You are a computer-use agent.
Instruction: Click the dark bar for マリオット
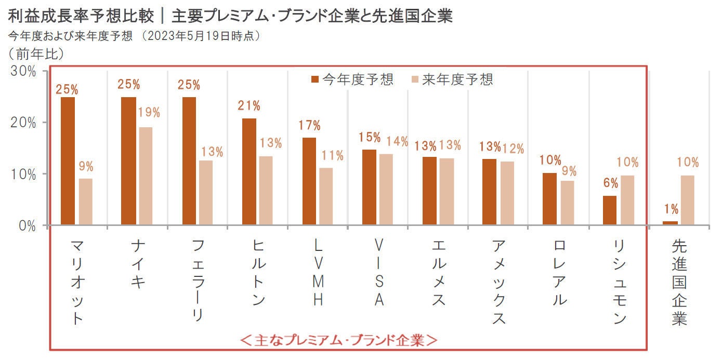click(x=68, y=161)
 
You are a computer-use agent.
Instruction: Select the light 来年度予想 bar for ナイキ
click(x=146, y=176)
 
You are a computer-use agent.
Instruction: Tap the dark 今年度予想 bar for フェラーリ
click(x=189, y=161)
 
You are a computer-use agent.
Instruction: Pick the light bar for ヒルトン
click(x=266, y=191)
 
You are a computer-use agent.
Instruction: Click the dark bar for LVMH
click(x=309, y=181)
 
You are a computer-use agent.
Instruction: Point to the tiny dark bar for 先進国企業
click(x=670, y=223)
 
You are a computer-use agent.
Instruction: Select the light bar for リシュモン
click(x=627, y=200)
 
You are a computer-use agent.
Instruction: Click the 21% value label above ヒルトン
click(x=249, y=106)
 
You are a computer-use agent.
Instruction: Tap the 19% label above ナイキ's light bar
click(x=149, y=113)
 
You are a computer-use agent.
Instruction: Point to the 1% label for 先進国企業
click(x=671, y=209)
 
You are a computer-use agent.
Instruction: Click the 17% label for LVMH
click(x=309, y=125)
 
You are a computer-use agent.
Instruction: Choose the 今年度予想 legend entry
click(x=352, y=79)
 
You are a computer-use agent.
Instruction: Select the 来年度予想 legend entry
click(x=451, y=79)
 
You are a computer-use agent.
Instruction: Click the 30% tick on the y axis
click(x=23, y=71)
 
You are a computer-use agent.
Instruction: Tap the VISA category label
click(x=379, y=272)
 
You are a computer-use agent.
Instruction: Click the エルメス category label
click(x=439, y=272)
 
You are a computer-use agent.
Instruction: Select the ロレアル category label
click(x=559, y=272)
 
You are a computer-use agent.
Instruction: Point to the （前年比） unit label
click(x=36, y=53)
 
